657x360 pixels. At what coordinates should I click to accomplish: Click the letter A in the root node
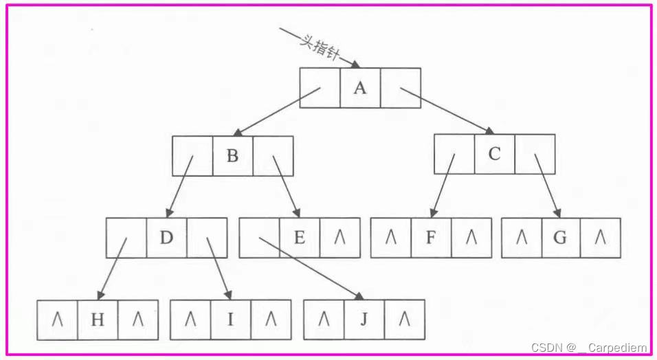tap(360, 88)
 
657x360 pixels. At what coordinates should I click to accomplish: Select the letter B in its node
tap(232, 156)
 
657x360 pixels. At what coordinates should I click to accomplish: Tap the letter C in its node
tap(494, 154)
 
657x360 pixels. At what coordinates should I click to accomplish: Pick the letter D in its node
tap(166, 238)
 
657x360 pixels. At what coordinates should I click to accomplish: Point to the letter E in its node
tap(300, 238)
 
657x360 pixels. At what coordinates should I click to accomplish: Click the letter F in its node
tap(430, 238)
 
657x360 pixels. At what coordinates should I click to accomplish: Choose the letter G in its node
tap(560, 238)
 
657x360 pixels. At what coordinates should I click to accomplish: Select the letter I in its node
tap(230, 319)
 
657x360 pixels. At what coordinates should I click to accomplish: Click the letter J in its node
tap(364, 319)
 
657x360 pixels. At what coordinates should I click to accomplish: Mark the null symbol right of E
tap(339, 238)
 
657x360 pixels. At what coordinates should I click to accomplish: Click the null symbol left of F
tap(390, 238)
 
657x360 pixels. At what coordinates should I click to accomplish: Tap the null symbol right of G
tap(600, 238)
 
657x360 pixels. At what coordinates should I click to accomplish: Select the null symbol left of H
tap(57, 319)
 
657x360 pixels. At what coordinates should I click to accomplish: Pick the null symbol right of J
tap(404, 319)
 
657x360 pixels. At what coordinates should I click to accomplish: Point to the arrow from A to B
tap(275, 112)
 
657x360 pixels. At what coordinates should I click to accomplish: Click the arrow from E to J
tap(309, 269)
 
